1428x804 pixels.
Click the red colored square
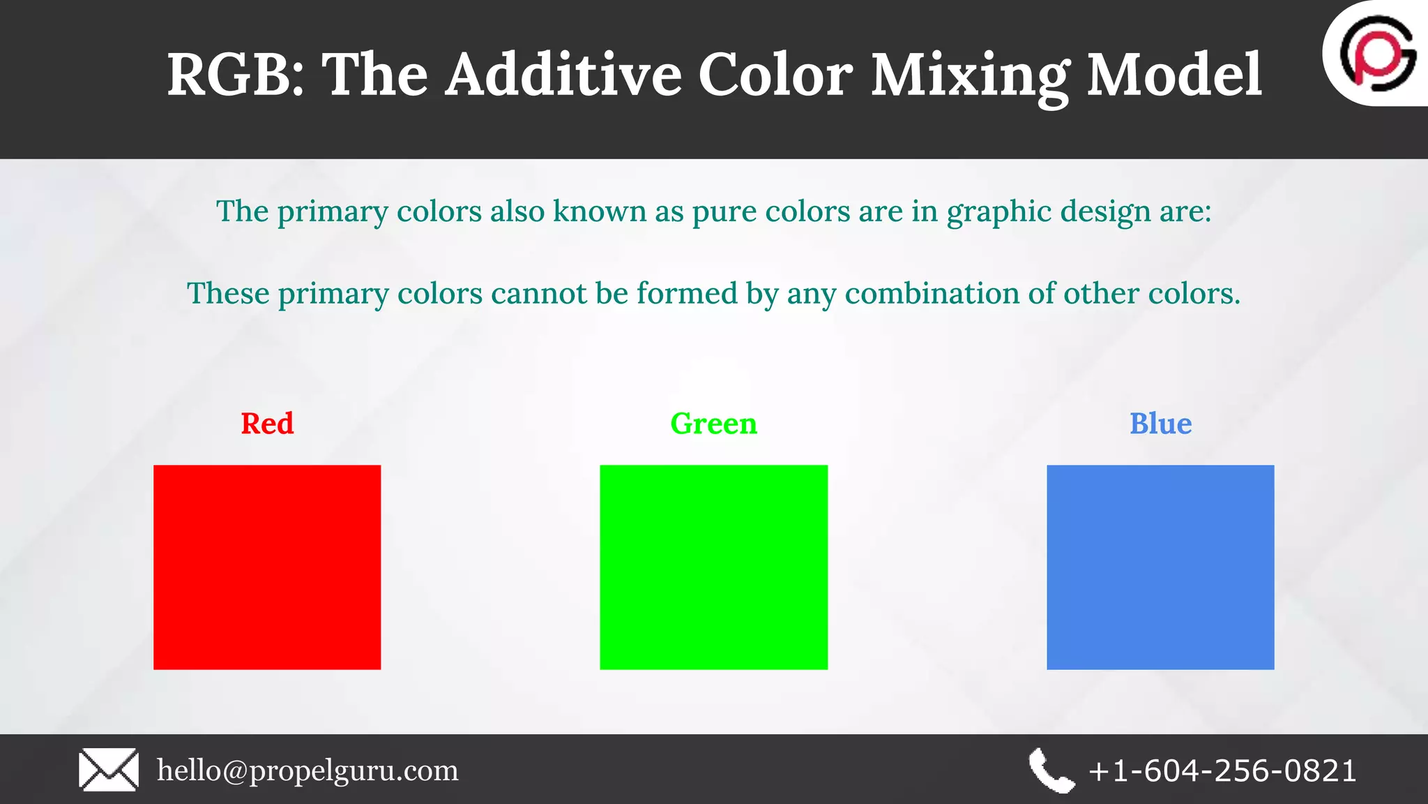[x=267, y=567]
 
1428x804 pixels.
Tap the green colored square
[x=713, y=567]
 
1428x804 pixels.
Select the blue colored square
[x=1160, y=567]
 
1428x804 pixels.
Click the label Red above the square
[x=267, y=424]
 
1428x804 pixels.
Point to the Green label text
[x=713, y=424]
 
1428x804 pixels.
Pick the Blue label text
[x=1160, y=424]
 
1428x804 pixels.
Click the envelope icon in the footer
[x=109, y=770]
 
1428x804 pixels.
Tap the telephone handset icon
[x=1051, y=770]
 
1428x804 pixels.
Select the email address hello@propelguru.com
[x=307, y=770]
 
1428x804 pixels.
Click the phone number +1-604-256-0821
[x=1222, y=770]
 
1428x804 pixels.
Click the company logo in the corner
[x=1377, y=54]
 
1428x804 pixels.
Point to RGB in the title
[x=234, y=75]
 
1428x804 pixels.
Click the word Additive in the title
[x=563, y=75]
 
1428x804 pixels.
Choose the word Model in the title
[x=1174, y=75]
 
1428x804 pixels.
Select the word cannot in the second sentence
[x=538, y=293]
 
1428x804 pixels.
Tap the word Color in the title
[x=775, y=75]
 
